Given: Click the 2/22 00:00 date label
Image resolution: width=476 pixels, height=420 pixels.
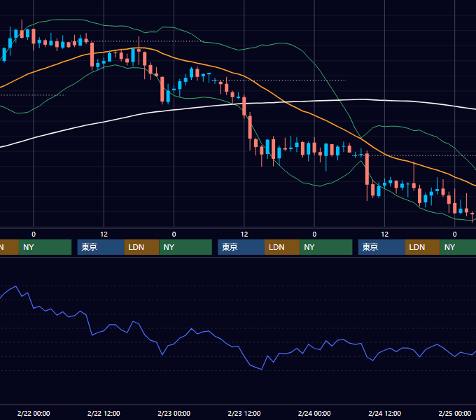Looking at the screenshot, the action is point(34,413).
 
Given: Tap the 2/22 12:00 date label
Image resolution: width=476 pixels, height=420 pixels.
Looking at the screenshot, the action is point(104,413).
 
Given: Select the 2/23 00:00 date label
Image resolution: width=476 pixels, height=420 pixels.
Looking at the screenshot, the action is point(174,413).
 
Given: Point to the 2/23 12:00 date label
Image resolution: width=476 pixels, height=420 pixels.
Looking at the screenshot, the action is point(244,413).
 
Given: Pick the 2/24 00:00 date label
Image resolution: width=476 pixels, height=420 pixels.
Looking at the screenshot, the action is point(314,413).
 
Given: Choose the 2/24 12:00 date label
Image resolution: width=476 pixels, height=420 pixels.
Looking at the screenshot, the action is point(384,413).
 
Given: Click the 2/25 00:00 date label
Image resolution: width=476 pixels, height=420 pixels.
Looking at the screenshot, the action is point(455,413).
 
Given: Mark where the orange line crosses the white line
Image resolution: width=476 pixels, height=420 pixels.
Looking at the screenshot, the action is point(285,102).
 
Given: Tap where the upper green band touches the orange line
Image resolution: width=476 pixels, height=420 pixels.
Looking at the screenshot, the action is point(361,138).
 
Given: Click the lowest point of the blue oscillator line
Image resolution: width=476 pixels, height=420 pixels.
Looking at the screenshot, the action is point(262,370).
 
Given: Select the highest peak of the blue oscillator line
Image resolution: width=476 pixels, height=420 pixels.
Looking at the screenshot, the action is point(15,286).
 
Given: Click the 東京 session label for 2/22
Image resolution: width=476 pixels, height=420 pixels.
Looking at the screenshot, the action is point(89,247).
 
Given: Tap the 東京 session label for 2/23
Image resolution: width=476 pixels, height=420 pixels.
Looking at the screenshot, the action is point(230,247).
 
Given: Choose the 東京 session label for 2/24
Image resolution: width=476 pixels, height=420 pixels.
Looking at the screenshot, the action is point(370,247).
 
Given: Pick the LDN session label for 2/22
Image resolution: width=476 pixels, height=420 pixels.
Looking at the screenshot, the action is point(136,247).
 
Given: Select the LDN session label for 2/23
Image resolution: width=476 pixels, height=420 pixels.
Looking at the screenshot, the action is point(276,247).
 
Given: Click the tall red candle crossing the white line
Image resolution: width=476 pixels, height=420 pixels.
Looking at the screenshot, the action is point(244,106).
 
